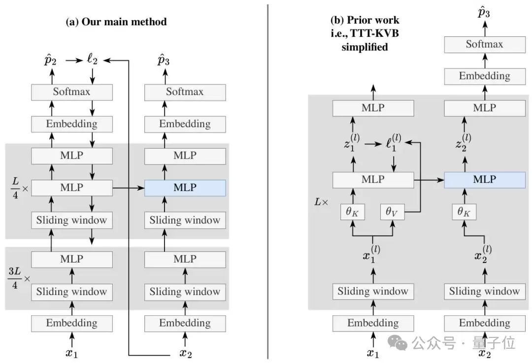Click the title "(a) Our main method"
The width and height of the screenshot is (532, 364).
point(116,22)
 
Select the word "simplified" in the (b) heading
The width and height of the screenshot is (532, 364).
point(365,47)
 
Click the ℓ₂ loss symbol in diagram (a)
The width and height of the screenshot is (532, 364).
point(92,60)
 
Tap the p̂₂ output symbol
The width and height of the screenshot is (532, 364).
point(51,60)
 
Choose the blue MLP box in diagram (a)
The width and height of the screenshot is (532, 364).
point(185,188)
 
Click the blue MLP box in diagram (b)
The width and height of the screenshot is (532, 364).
point(484,180)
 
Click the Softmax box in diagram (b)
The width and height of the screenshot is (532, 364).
point(484,44)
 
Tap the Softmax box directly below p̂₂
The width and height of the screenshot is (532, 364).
point(72,92)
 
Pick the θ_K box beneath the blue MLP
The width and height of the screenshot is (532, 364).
point(464,211)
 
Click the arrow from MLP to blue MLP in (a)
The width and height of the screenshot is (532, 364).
point(129,188)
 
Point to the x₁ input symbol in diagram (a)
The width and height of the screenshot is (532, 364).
point(72,353)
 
